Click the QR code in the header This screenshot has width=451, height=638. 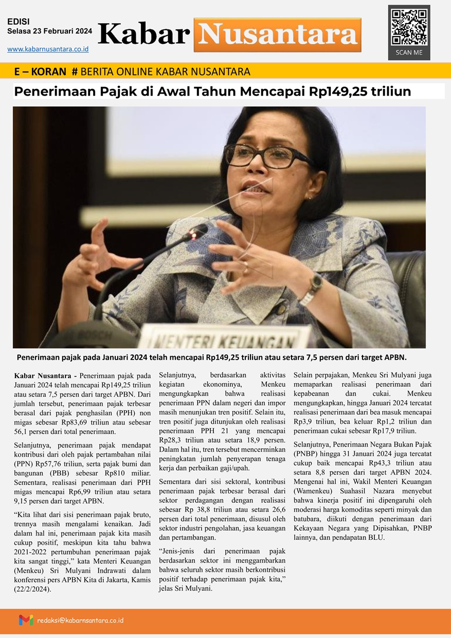click(x=409, y=27)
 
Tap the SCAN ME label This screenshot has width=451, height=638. click(x=409, y=52)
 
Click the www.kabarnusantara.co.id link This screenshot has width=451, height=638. click(x=48, y=49)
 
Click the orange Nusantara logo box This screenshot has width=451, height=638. click(x=277, y=34)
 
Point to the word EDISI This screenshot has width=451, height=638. click(x=19, y=22)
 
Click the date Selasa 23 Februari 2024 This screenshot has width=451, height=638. click(x=50, y=31)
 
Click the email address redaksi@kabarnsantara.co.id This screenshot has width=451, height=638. click(x=80, y=621)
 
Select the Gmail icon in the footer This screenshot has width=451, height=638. click(x=26, y=620)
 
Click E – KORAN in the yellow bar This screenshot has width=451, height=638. click(x=40, y=71)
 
